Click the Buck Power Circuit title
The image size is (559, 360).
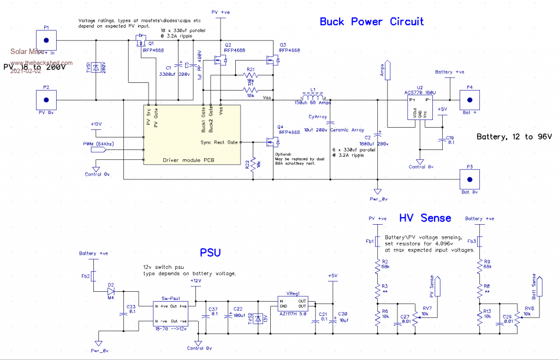(372, 22)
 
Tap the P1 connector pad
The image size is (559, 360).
(46, 40)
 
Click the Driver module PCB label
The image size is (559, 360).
(189, 160)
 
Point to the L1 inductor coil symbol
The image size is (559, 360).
(310, 94)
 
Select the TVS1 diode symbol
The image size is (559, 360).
(96, 68)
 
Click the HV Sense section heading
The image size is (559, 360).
(425, 218)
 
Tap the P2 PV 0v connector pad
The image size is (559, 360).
(46, 100)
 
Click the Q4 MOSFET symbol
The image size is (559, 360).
(271, 142)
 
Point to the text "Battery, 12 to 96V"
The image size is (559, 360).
(514, 136)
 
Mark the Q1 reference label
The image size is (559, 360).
(151, 43)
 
